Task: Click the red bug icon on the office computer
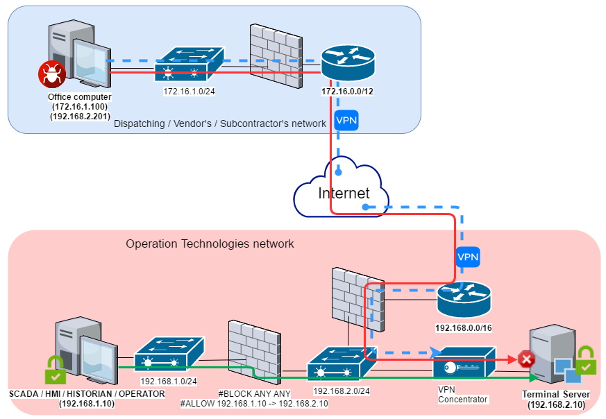click(49, 73)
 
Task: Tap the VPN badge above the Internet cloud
click(346, 119)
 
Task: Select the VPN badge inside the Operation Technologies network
click(468, 257)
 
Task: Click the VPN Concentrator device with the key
click(464, 364)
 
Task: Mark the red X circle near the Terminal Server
click(526, 359)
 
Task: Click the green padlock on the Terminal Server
click(586, 360)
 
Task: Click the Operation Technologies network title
click(210, 243)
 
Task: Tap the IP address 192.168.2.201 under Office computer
click(79, 116)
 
